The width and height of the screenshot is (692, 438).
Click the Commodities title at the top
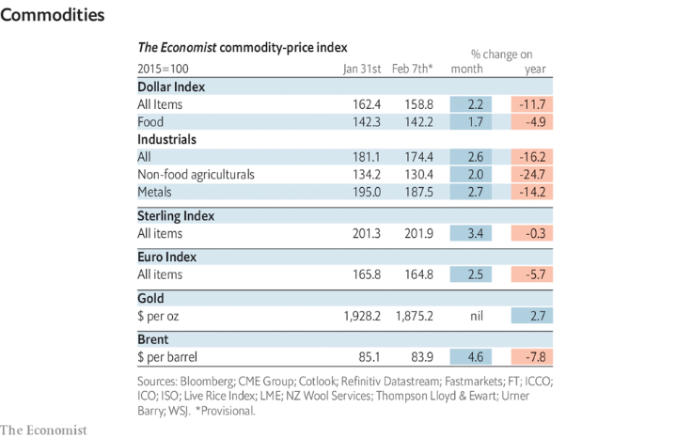pyautogui.click(x=53, y=16)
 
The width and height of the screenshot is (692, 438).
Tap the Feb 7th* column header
pyautogui.click(x=412, y=69)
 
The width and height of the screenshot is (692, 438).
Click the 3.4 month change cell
pyautogui.click(x=474, y=233)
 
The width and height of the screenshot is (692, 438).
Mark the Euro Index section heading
pyautogui.click(x=167, y=257)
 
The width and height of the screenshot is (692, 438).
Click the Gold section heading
pyautogui.click(x=152, y=298)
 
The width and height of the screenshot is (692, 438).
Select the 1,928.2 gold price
pyautogui.click(x=360, y=316)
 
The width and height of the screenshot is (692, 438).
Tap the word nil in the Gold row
pyautogui.click(x=474, y=316)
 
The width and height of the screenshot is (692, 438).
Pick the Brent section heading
pyautogui.click(x=154, y=339)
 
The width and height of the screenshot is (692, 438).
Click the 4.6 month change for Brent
pyautogui.click(x=474, y=357)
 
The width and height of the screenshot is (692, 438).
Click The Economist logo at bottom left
pyautogui.click(x=44, y=429)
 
